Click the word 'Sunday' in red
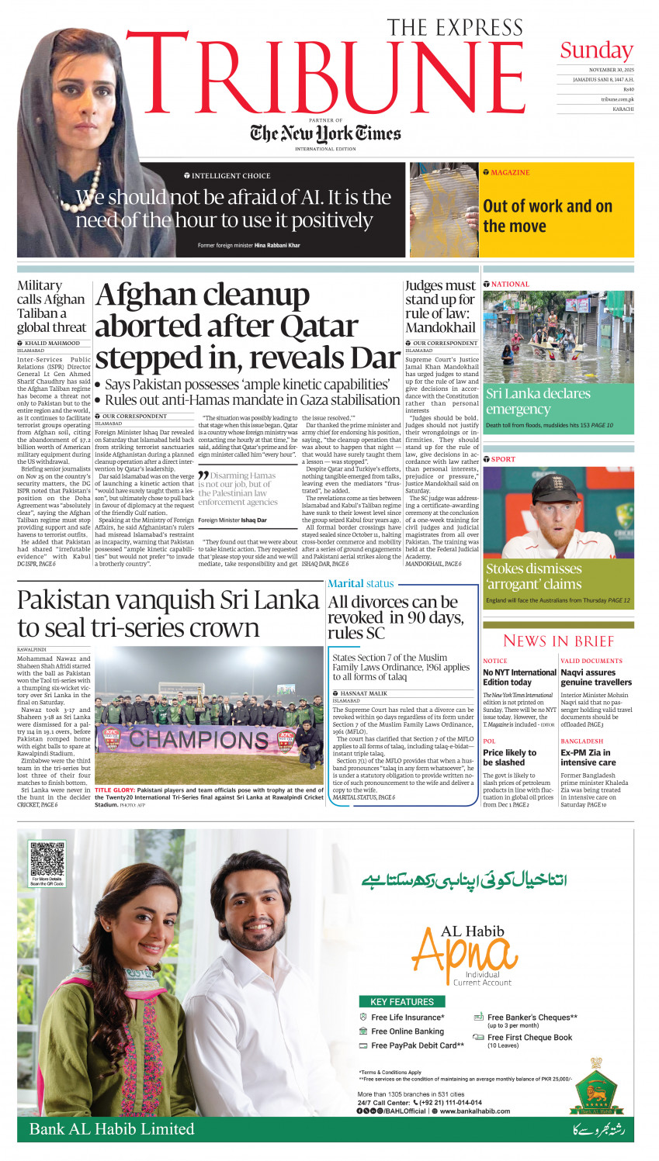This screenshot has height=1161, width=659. (x=596, y=51)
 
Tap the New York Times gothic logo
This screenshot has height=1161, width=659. (x=325, y=134)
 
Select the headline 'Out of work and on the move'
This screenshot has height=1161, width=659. (x=547, y=216)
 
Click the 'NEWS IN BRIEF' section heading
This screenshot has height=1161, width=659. (x=558, y=641)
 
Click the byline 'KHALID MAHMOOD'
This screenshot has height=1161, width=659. (x=52, y=343)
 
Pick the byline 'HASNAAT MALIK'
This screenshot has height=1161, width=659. (x=363, y=693)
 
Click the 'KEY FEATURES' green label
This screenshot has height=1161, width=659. (x=402, y=1001)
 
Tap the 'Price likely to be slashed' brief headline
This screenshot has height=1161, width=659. (x=509, y=757)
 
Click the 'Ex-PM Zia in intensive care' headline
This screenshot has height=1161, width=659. (x=585, y=757)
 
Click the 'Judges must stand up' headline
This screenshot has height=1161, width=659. (x=440, y=306)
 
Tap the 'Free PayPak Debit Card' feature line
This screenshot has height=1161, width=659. (x=417, y=1045)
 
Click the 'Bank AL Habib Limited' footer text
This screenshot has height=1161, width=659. (x=112, y=1128)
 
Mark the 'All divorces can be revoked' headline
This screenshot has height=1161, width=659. (x=396, y=617)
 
